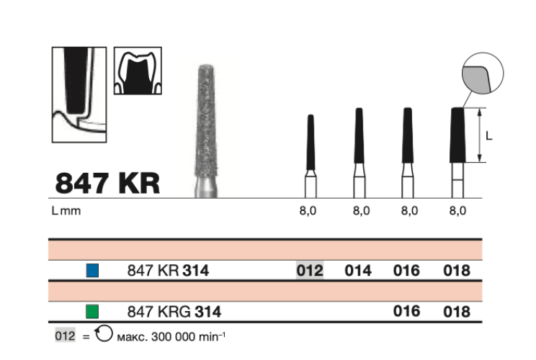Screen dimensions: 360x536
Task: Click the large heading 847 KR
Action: pos(107,182)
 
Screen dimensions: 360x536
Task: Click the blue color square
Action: pos(91,271)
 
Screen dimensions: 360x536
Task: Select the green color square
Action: pos(91,312)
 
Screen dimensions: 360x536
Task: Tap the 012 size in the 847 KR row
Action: pos(310,271)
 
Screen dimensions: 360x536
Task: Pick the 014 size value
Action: pos(358,271)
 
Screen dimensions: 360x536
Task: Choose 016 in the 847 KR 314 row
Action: pos(407,271)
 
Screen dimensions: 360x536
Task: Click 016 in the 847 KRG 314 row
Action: pos(407,312)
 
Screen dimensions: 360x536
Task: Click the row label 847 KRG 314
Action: pos(174,312)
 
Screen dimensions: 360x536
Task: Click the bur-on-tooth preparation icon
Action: pos(79,94)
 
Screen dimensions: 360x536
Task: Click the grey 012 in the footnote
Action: pos(64,336)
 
